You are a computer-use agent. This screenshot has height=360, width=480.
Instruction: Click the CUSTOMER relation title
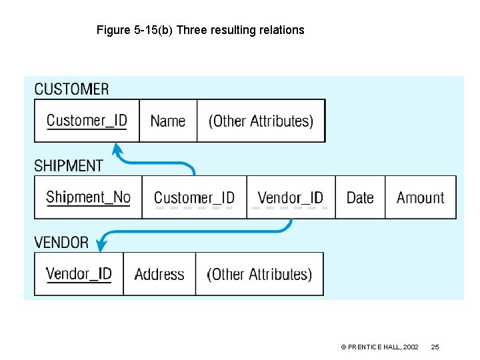71,89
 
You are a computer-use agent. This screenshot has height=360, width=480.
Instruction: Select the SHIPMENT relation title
69,165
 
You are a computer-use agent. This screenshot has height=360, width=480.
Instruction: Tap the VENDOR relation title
61,242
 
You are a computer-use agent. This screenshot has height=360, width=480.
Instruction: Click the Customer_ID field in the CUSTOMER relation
87,121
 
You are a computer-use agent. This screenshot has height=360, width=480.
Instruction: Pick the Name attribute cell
168,121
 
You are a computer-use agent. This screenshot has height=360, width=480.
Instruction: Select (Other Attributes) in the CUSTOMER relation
261,121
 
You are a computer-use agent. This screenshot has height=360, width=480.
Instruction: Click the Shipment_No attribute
88,197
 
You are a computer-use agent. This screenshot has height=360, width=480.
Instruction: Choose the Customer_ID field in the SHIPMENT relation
194,197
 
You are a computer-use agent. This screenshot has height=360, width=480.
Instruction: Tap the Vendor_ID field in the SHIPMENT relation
290,197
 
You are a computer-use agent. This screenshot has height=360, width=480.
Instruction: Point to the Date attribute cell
360,197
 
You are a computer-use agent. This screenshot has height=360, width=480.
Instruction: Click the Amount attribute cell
420,197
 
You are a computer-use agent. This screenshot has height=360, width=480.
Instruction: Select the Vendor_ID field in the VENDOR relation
79,274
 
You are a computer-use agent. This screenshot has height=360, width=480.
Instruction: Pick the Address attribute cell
159,274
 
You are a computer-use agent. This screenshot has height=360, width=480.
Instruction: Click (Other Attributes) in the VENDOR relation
259,274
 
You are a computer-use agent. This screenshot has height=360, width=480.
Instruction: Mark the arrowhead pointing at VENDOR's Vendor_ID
101,245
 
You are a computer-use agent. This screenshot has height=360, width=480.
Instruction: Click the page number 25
435,347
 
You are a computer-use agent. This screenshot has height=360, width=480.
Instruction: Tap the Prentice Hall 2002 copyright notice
379,347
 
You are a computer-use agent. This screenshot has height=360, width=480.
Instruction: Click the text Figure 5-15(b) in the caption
135,30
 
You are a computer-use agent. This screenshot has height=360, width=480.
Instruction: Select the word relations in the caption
281,30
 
